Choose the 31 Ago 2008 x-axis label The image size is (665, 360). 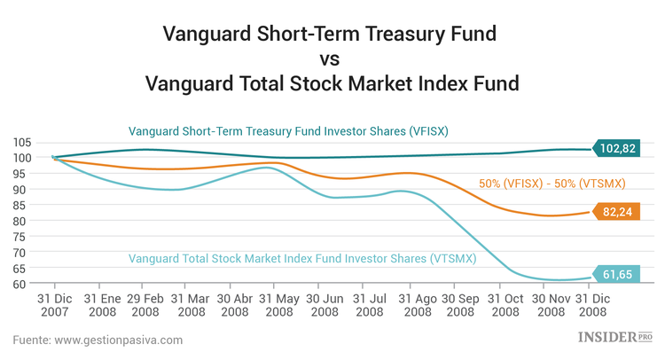point(412,306)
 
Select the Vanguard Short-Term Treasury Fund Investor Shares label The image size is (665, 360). point(288,131)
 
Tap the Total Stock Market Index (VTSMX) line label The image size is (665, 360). point(302,259)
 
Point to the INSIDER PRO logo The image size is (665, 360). point(614,337)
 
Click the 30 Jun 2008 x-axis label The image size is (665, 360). point(323,306)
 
